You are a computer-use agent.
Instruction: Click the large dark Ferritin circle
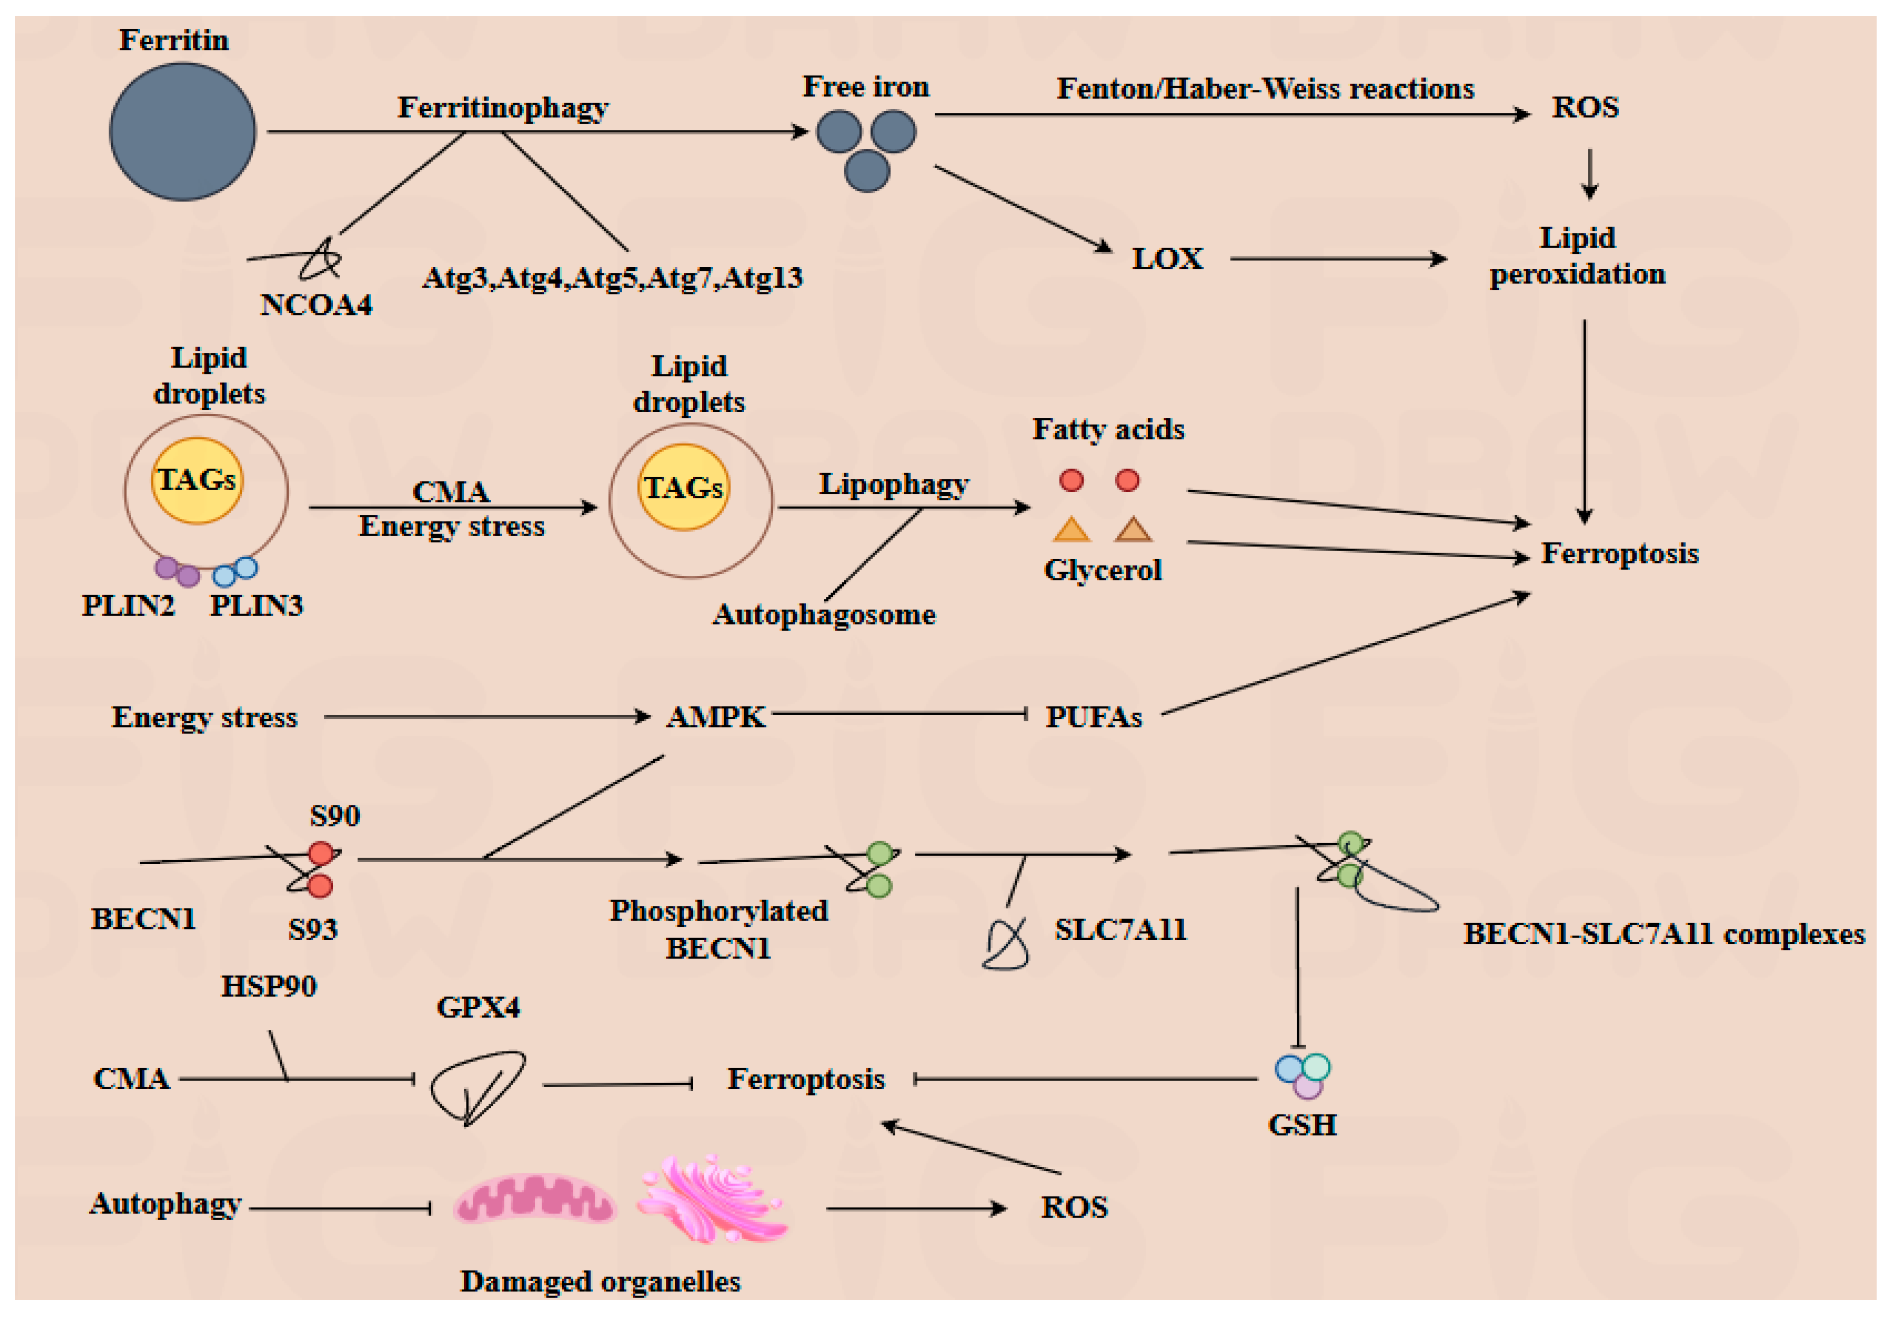click(x=183, y=132)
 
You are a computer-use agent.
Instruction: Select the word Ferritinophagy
click(x=503, y=108)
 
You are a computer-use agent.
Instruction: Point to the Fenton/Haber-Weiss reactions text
click(x=1265, y=88)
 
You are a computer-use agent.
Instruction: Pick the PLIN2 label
click(x=128, y=606)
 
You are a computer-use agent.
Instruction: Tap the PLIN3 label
click(x=257, y=606)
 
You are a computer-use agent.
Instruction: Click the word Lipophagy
click(x=893, y=484)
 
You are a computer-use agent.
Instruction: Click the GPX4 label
click(x=478, y=1007)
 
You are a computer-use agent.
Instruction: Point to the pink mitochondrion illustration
click(x=535, y=1199)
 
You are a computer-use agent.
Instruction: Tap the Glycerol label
click(x=1102, y=570)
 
